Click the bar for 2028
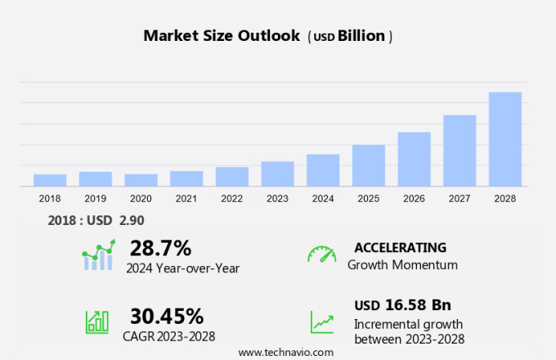pos(505,139)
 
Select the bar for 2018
pos(50,180)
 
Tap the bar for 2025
pos(369,165)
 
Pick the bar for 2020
pos(141,180)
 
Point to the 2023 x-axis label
pos(277,198)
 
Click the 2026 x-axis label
pos(414,198)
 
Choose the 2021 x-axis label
pos(186,198)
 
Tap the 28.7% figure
pos(160,248)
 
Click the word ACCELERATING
pos(400,247)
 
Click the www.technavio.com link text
pos(285,352)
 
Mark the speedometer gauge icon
pos(321,254)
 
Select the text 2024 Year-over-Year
pos(182,267)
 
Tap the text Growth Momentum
pos(402,265)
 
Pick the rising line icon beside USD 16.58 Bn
pos(321,322)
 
